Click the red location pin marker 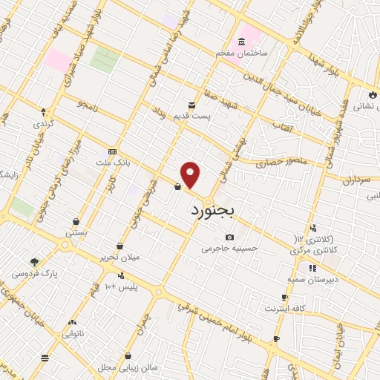pos(191,175)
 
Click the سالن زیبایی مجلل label pos(128,367)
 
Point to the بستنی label pos(76,232)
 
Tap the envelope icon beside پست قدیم pos(192,105)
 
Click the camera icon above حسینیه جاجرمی pos(229,237)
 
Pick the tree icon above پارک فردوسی pos(34,261)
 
